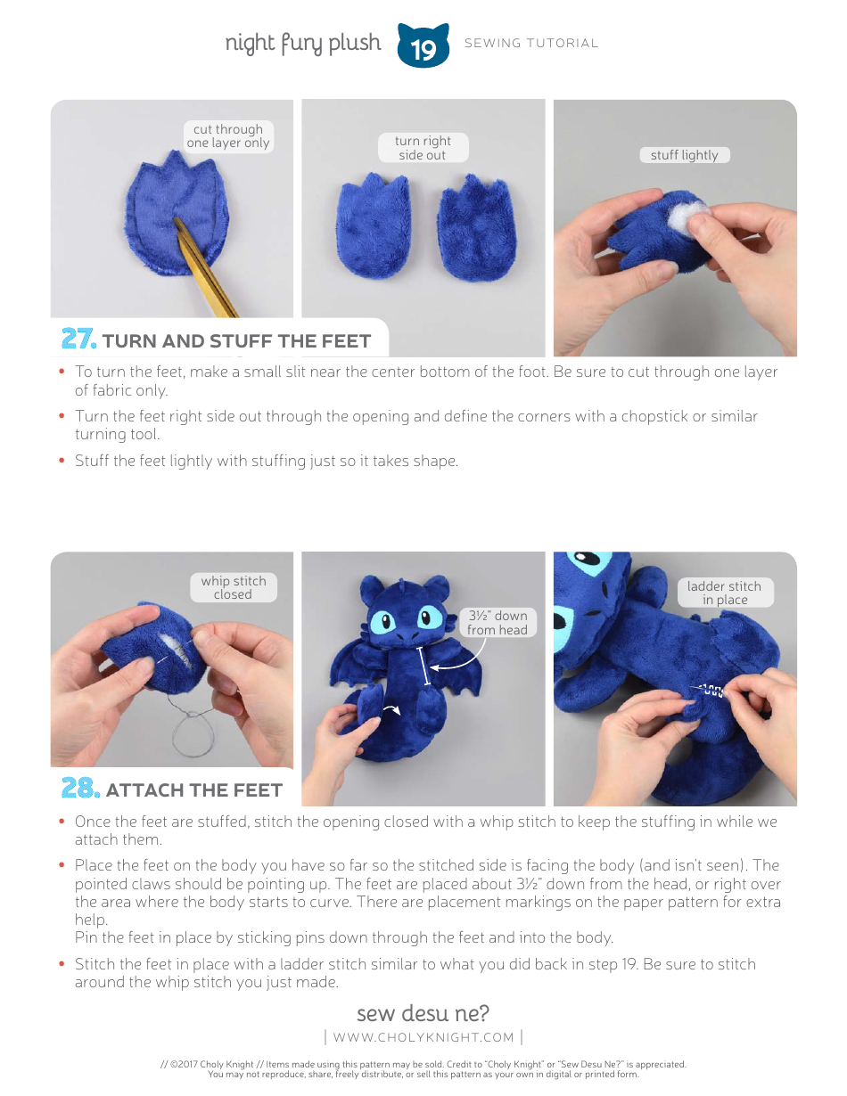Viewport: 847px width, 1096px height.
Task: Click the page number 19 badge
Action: (423, 46)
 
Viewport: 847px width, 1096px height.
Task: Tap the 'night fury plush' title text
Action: (302, 44)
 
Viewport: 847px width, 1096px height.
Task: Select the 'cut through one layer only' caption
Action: (227, 136)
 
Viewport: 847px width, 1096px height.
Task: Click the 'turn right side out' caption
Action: (423, 148)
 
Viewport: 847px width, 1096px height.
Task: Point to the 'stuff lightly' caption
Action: (684, 155)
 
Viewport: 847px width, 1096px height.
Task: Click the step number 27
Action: (78, 339)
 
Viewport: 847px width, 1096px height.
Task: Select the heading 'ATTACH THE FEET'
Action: (193, 790)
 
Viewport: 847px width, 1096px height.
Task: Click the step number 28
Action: (79, 789)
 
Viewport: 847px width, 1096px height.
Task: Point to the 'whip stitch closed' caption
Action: (233, 587)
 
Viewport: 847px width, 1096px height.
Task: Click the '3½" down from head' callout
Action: (498, 622)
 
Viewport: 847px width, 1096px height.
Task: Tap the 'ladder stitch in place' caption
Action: (724, 593)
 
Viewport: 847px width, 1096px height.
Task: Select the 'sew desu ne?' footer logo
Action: (423, 1013)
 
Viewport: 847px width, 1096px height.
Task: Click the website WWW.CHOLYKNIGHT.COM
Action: (423, 1036)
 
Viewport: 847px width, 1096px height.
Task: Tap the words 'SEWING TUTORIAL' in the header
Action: (531, 43)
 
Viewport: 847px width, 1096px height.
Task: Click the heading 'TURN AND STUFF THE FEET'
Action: (236, 341)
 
